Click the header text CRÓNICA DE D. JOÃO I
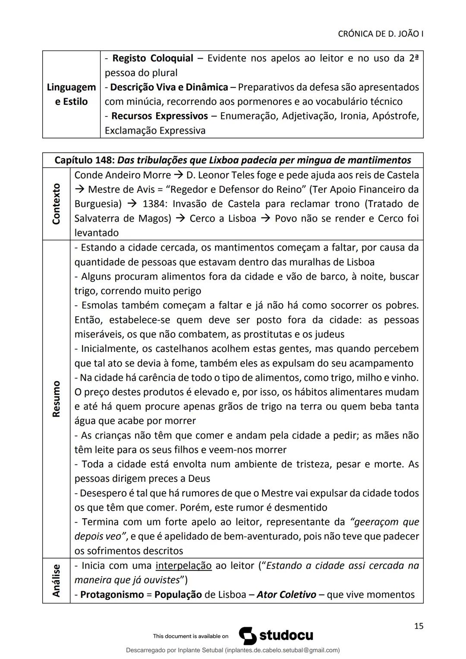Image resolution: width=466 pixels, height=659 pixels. coord(380,34)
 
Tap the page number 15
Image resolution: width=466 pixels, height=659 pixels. coord(418,626)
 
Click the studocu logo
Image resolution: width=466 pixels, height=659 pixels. coord(277,636)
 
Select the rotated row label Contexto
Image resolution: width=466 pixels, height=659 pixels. coord(56,204)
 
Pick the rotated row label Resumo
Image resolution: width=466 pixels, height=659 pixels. coord(56,399)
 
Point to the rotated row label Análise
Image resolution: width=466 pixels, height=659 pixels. coord(56,580)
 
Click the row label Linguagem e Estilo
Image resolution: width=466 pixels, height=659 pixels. coord(71,94)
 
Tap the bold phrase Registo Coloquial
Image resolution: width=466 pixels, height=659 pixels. coord(152,58)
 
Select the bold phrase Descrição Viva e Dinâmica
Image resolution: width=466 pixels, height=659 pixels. coord(169,87)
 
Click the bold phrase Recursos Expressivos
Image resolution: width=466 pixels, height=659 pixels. coord(159,116)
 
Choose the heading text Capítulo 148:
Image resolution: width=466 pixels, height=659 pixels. coord(84,160)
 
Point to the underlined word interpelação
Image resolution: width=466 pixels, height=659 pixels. coord(183,565)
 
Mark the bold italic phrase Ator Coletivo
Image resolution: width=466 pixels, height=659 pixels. coord(286,595)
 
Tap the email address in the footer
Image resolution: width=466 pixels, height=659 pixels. coord(282,650)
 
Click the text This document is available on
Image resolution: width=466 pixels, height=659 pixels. coord(190,636)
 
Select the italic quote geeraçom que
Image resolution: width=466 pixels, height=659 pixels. coord(385,522)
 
